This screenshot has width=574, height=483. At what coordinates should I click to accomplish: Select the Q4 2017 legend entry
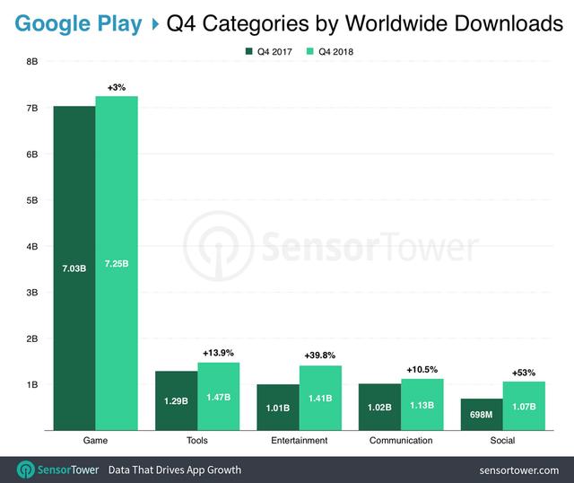tap(266, 51)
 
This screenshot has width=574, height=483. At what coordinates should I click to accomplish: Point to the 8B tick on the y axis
tap(32, 62)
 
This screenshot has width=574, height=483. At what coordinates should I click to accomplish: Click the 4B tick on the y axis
tap(32, 246)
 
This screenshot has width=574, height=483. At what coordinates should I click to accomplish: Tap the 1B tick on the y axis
tap(32, 384)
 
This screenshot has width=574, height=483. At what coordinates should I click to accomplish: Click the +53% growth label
tap(523, 372)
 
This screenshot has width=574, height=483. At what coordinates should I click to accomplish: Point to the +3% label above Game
tap(117, 87)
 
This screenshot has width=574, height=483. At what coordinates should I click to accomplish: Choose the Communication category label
tap(401, 441)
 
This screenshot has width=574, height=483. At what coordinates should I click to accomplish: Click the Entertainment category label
tap(300, 441)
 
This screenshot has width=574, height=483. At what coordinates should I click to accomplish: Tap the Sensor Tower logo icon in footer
tap(25, 470)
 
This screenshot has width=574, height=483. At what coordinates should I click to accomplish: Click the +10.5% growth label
tap(422, 369)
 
